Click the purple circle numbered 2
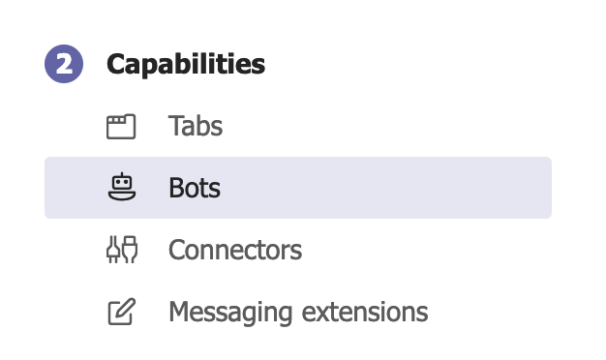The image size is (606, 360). pos(64,65)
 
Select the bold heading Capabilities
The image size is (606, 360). pos(186,65)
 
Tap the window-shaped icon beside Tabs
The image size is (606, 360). pos(121,126)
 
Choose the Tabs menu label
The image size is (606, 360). pos(196,126)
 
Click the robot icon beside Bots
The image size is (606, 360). pos(121,187)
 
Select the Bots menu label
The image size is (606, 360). pos(195,188)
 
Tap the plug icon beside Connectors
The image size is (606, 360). pos(121,250)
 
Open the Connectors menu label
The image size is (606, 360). pos(235,251)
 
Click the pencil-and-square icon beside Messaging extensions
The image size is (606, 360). pos(121,312)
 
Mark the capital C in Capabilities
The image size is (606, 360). pos(117,65)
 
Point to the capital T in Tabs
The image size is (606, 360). pos(174,126)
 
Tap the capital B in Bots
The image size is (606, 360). pos(175,188)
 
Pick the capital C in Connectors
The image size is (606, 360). pos(176,251)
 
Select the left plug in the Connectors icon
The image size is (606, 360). pos(112,250)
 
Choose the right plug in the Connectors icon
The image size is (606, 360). pos(130,250)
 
